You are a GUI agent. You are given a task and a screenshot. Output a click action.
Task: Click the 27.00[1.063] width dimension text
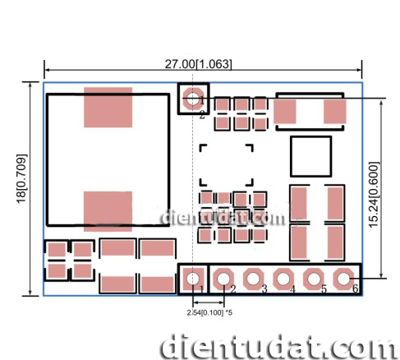click(x=198, y=64)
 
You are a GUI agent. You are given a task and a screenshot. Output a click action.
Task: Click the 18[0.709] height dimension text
click(x=21, y=179)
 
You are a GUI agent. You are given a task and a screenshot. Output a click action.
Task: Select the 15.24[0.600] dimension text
click(x=374, y=195)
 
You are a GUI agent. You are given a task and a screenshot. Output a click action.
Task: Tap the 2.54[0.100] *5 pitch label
click(x=209, y=312)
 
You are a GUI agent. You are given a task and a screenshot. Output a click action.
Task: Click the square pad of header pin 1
click(x=193, y=279)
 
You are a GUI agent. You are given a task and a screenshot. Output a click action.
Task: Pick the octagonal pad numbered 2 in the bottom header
click(x=223, y=279)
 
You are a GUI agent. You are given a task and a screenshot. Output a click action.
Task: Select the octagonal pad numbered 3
click(x=254, y=279)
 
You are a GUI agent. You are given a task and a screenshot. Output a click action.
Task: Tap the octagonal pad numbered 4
click(x=283, y=279)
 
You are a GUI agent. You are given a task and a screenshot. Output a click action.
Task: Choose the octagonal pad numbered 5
click(x=314, y=279)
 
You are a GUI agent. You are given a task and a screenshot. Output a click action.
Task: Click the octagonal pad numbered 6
click(x=343, y=279)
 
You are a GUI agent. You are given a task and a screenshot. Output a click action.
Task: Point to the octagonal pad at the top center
click(x=193, y=99)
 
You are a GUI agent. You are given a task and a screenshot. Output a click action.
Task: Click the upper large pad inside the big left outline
click(x=108, y=108)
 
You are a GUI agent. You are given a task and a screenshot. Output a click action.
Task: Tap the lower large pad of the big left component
click(x=108, y=211)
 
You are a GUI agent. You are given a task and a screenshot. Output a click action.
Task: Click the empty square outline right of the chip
click(x=310, y=156)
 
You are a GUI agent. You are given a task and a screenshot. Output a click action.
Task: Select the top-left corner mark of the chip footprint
click(x=203, y=147)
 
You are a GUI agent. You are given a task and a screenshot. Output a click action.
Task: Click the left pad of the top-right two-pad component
click(x=285, y=112)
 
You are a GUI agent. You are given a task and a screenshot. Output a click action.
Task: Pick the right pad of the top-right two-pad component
click(x=335, y=112)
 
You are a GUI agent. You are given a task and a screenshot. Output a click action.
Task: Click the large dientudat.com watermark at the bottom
click(x=278, y=347)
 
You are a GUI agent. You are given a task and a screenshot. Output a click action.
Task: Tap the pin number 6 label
click(x=355, y=288)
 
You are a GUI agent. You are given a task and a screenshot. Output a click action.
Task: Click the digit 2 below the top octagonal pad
click(x=202, y=115)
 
